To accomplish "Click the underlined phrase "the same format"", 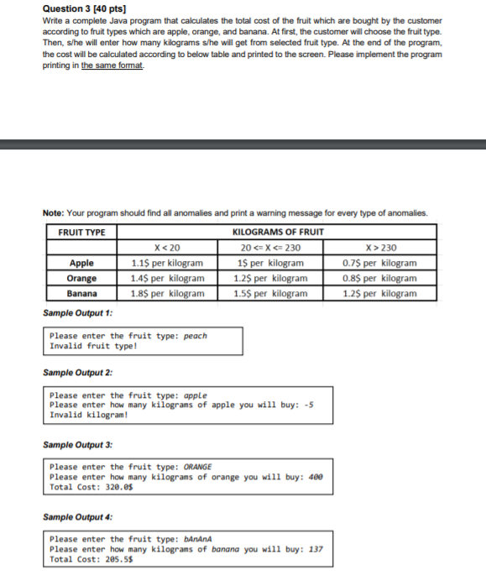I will point(112,65).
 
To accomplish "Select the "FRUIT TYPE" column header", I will point(81,232).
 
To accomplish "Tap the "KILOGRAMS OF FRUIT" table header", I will point(276,232).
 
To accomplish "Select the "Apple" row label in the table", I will point(81,263).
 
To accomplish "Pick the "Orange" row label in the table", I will point(81,278).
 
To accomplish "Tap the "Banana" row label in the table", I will point(81,294).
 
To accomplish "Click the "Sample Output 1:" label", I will point(77,313).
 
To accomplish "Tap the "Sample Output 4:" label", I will point(77,518).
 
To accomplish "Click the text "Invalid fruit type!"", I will point(93,345).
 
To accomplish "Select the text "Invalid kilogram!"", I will point(89,415).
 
